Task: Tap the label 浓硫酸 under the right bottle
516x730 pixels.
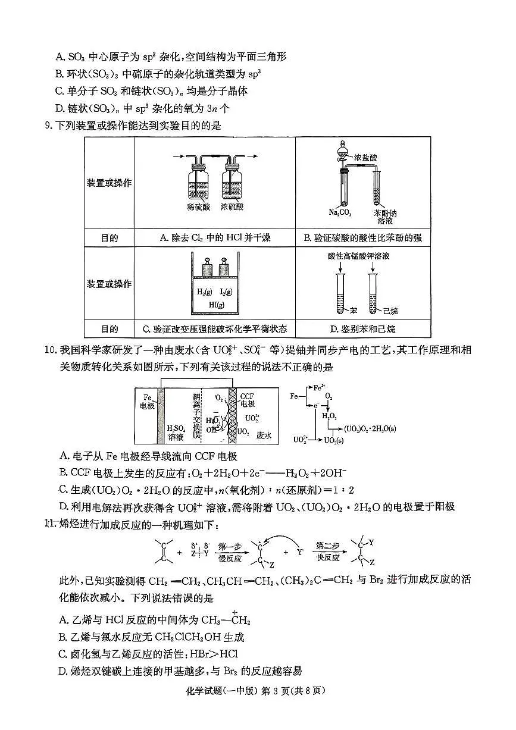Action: click(232, 208)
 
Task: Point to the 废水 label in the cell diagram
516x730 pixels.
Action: click(264, 436)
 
